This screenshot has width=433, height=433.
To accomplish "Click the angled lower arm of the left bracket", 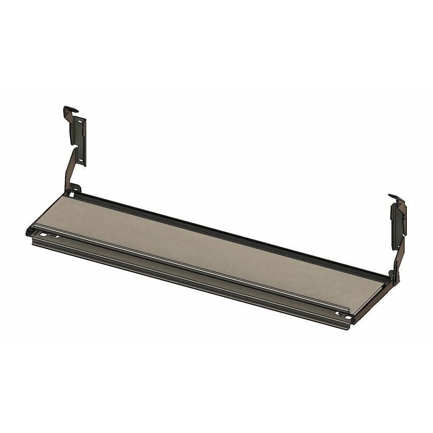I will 69,170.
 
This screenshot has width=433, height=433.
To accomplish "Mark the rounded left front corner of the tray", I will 29,231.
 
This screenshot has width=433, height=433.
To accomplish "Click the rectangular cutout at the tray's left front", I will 42,235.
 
